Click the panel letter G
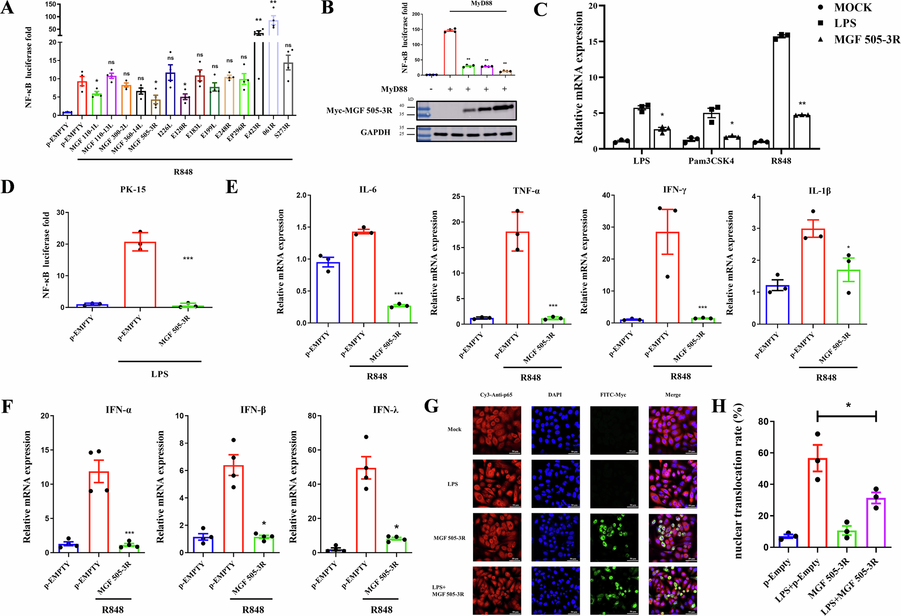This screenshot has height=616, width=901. [x=431, y=406]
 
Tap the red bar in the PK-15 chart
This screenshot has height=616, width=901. [x=140, y=274]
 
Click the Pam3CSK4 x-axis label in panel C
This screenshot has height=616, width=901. [x=711, y=161]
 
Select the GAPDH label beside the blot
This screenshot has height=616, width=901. [x=375, y=132]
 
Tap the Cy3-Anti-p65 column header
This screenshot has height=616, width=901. [x=496, y=395]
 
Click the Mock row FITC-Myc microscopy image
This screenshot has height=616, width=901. [x=614, y=430]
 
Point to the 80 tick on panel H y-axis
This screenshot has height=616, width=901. [x=763, y=421]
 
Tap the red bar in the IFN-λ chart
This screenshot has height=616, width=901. [x=366, y=510]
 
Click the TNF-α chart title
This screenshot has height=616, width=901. [x=526, y=191]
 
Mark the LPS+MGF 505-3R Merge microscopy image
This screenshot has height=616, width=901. [x=673, y=590]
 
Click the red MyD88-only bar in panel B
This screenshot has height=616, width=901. [x=450, y=52]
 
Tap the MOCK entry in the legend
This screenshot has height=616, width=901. [x=852, y=8]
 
